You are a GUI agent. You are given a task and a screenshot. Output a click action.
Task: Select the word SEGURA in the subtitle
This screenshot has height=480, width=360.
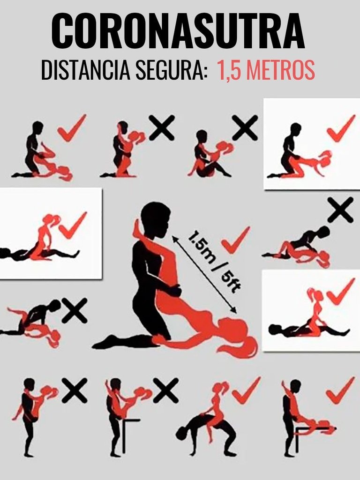point(169,70)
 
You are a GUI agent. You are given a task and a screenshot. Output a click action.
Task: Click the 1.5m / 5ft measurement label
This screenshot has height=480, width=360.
point(215,262)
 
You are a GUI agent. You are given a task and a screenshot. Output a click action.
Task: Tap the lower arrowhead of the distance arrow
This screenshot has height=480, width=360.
point(234,310)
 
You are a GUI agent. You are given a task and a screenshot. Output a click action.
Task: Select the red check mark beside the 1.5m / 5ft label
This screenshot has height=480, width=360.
point(235,240)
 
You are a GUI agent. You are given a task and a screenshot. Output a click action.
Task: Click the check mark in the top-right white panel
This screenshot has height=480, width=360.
point(341,128)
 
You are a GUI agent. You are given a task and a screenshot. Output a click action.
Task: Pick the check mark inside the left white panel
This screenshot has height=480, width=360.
point(73,225)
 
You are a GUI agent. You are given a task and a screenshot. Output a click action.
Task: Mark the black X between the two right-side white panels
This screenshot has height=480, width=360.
point(340,210)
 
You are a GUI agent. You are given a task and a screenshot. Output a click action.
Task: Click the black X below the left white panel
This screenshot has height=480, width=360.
point(75,310)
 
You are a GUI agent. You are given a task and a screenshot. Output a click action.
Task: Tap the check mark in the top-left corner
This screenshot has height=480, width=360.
point(72,128)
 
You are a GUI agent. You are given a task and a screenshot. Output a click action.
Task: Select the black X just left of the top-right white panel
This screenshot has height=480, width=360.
point(245,127)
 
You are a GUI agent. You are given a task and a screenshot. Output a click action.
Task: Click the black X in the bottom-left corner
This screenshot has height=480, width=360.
point(75,390)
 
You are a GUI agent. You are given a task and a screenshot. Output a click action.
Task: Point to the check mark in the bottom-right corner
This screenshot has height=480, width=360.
point(340,390)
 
